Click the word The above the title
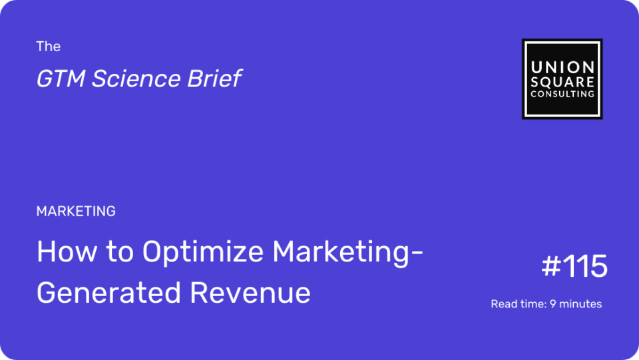pyautogui.click(x=48, y=47)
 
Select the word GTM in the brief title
pyautogui.click(x=61, y=79)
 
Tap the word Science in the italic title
pyautogui.click(x=136, y=79)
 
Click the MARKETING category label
pyautogui.click(x=76, y=211)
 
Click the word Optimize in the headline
pyautogui.click(x=203, y=252)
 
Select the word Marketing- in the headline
pyautogui.click(x=348, y=252)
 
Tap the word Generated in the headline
pyautogui.click(x=108, y=293)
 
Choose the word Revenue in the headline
pyautogui.click(x=250, y=293)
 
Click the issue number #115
pyautogui.click(x=574, y=266)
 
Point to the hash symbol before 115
pyautogui.click(x=551, y=266)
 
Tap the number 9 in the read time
pyautogui.click(x=552, y=304)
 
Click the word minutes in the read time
pyautogui.click(x=580, y=304)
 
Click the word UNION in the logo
pyautogui.click(x=562, y=67)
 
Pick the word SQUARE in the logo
pyautogui.click(x=562, y=82)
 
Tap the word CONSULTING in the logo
pyautogui.click(x=562, y=94)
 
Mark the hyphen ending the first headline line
pyautogui.click(x=418, y=254)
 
